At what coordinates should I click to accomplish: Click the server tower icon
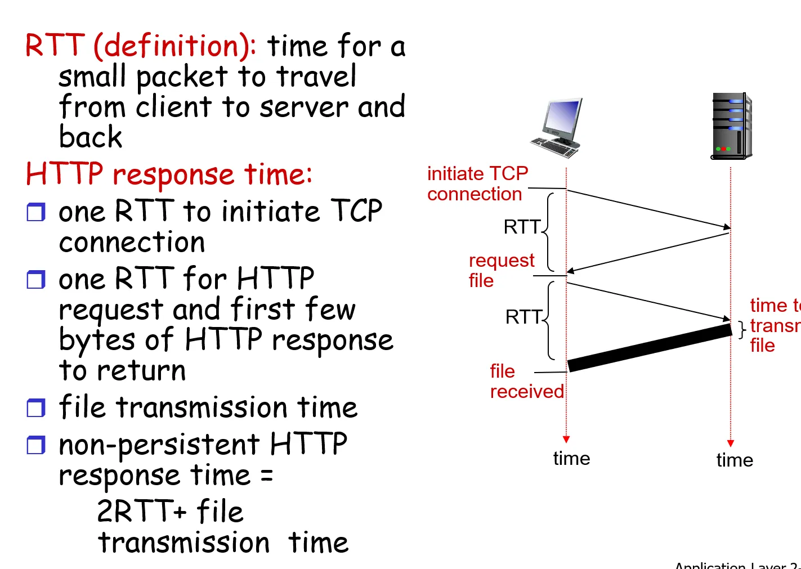tap(731, 127)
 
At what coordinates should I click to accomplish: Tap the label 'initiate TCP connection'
tap(477, 183)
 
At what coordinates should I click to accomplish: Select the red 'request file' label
tap(501, 270)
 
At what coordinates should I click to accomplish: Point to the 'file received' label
tap(526, 381)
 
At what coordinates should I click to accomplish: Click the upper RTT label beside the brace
tap(522, 227)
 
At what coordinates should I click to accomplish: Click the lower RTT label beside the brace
tap(523, 317)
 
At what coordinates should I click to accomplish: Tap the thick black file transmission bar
tap(650, 348)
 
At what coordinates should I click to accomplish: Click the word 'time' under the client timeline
tap(571, 459)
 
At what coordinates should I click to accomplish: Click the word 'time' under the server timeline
tap(735, 460)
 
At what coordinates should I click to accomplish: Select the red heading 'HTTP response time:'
tap(169, 174)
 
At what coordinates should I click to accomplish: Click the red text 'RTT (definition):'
tap(141, 46)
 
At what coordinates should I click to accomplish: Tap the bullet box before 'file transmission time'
tap(36, 408)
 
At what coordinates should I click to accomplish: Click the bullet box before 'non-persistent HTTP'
tap(36, 445)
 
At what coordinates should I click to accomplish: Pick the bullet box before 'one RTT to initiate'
tap(36, 212)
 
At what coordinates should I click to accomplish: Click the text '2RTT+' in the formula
tap(141, 512)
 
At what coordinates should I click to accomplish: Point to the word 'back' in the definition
tap(91, 137)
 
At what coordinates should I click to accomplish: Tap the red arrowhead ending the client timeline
tap(566, 439)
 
